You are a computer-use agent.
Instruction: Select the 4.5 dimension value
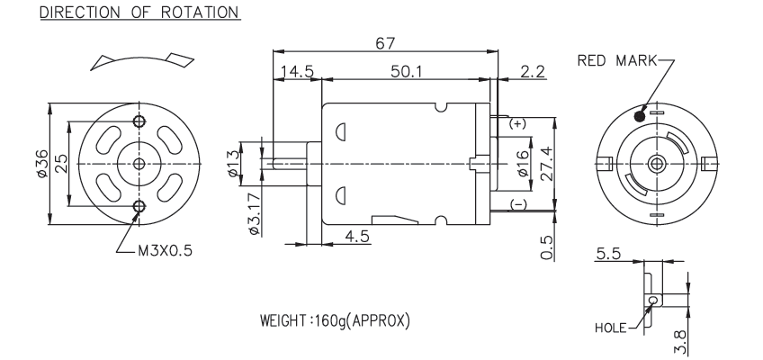[358, 237]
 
